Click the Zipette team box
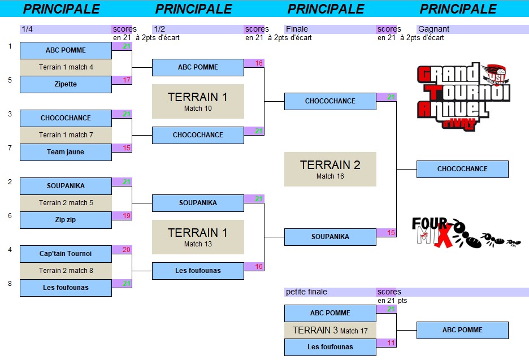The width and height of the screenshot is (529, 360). [66, 84]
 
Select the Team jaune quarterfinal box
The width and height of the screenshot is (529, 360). [66, 152]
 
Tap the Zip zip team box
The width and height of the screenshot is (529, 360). [66, 220]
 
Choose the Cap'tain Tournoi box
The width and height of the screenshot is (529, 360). [66, 254]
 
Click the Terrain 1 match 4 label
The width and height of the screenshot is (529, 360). [66, 67]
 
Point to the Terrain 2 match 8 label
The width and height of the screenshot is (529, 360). [66, 271]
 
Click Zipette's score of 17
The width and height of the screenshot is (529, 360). [122, 80]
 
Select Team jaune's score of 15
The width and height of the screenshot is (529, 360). [122, 148]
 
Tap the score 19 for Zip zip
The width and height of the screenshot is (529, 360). [122, 216]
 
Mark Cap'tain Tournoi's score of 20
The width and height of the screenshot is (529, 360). [122, 250]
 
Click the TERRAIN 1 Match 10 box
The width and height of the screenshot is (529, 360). [198, 101]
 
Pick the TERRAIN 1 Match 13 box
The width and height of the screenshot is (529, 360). [198, 237]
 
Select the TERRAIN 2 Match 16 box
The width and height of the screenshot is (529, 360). [330, 169]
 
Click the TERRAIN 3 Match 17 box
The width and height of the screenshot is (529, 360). [330, 330]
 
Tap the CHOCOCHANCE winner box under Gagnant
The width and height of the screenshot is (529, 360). [462, 169]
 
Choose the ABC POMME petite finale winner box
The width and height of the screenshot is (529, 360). [462, 330]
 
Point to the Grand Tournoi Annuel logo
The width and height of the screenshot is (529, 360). [463, 96]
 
